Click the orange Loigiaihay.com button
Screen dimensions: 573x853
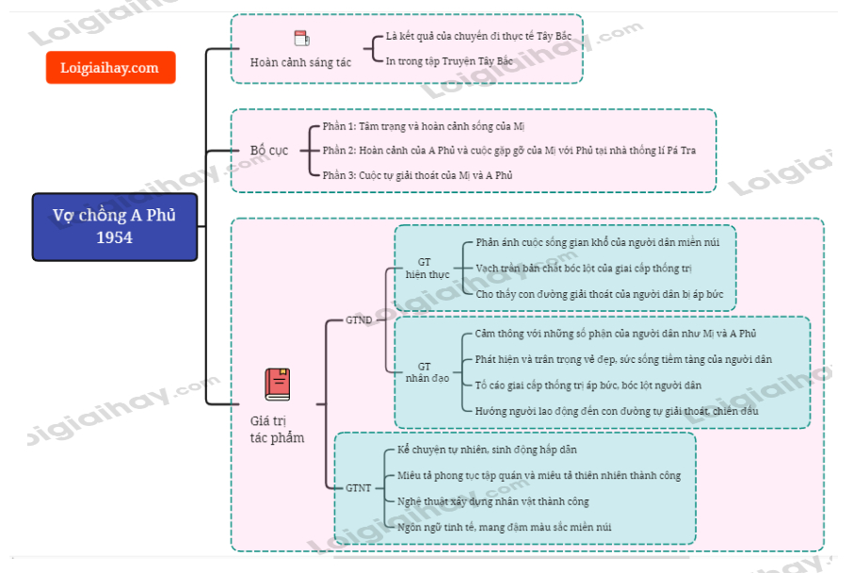pos(110,68)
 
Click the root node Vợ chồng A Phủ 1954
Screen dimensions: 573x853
pos(114,226)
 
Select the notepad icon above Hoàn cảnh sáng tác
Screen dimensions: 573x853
pos(301,39)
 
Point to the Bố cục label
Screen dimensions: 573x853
pos(270,151)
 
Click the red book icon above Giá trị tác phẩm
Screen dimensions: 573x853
pos(277,385)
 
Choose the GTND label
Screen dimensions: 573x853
pos(359,320)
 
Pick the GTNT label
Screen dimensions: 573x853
pos(358,488)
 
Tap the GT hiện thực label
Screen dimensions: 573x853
pos(424,269)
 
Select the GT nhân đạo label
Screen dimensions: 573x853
pos(424,372)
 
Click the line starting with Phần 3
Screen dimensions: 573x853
pos(417,174)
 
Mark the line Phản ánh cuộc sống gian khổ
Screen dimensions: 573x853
pos(597,242)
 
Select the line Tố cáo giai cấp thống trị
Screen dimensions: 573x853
pos(588,385)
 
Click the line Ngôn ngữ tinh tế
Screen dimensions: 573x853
pos(504,527)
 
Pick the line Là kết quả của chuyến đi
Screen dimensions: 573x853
pos(478,36)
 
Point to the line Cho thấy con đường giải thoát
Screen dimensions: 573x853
pos(600,294)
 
